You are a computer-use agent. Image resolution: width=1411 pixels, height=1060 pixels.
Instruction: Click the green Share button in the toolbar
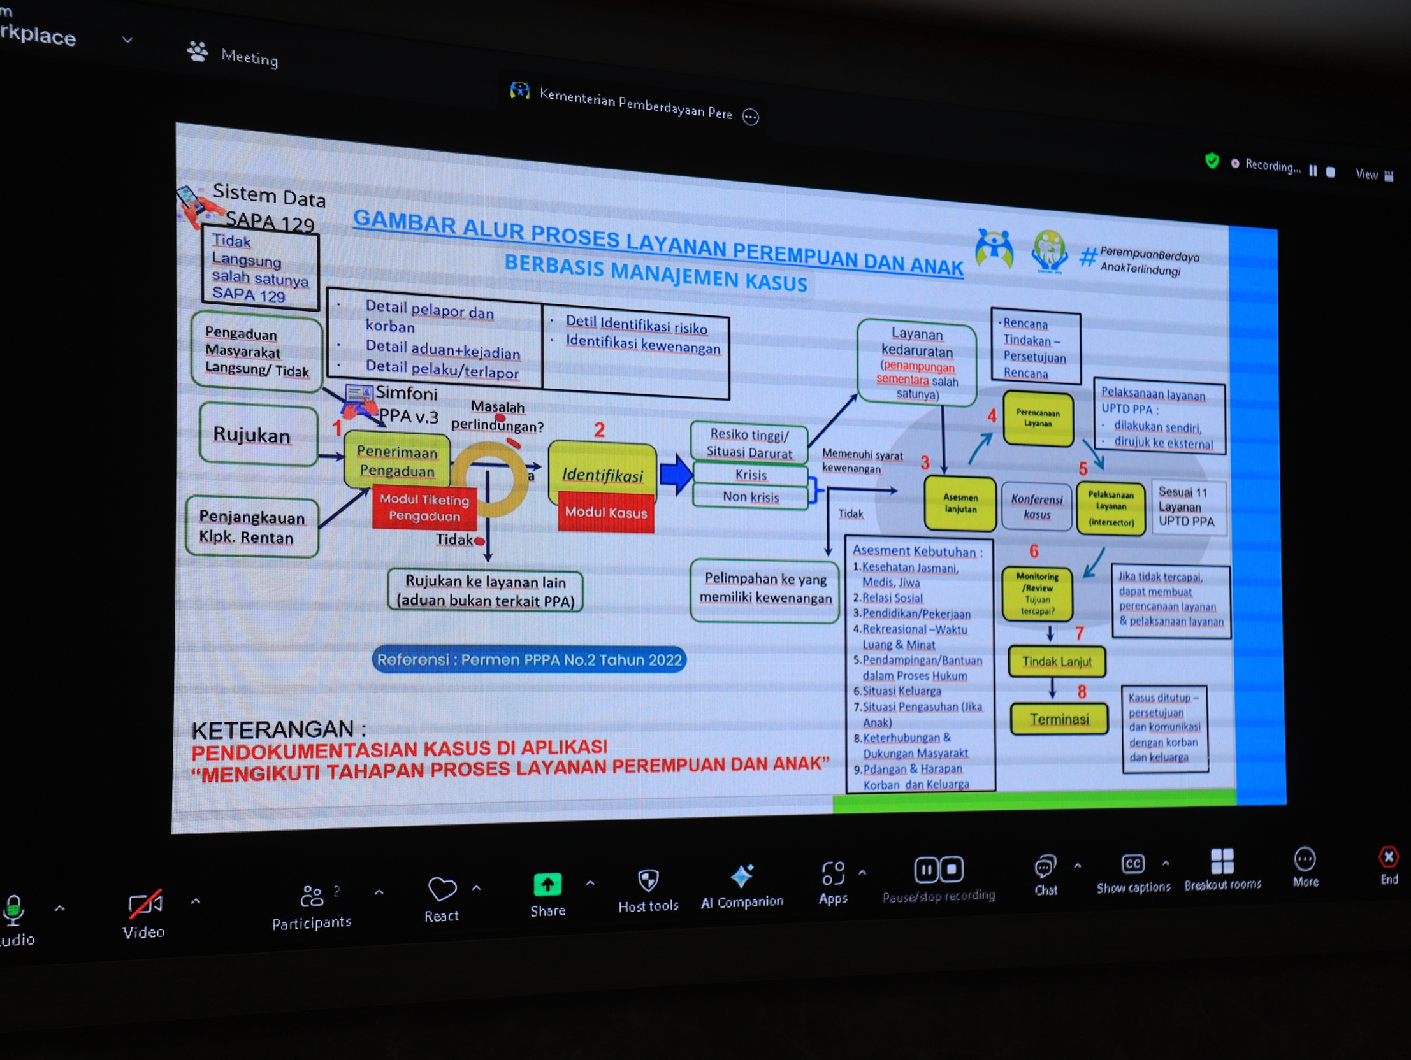coord(547,885)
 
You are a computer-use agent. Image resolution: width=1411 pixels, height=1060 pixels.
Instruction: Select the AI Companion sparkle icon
coord(742,877)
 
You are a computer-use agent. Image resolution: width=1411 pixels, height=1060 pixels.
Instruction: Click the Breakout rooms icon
coord(1222,861)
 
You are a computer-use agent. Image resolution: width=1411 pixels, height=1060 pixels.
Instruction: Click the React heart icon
coord(442,889)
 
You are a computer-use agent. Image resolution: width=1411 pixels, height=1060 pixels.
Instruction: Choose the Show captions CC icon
coord(1132,864)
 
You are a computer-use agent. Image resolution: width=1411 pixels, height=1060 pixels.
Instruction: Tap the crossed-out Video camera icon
coord(145,905)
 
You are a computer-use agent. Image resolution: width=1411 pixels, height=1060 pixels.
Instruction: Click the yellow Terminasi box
coord(1059,719)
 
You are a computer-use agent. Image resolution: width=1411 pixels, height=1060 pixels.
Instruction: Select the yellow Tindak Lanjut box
coord(1056,662)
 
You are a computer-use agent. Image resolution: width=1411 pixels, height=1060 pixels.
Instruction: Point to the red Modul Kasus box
coord(605,512)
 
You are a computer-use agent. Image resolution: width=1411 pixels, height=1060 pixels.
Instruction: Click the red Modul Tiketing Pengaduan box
coord(424,508)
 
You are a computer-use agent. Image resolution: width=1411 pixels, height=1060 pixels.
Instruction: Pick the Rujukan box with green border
coord(257,435)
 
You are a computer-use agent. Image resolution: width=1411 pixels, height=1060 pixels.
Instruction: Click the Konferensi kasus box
coord(1036,506)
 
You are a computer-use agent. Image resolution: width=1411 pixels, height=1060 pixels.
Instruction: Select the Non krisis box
coord(750,497)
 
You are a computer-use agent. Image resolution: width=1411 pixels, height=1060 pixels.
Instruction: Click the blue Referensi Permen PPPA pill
coord(529,659)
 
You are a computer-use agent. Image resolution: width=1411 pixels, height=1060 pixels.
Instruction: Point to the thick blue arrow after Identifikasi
coord(676,475)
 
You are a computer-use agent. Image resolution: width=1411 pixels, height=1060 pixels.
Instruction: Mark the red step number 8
coord(1082,691)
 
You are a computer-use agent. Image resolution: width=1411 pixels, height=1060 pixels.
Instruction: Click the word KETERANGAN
coord(279,729)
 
